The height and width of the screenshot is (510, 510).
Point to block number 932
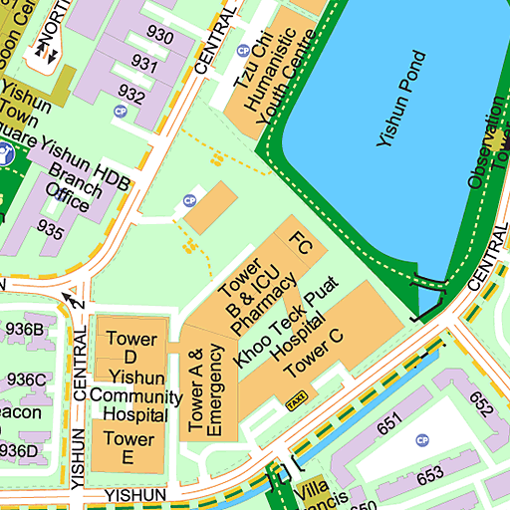pyautogui.click(x=130, y=94)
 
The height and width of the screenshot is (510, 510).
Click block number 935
pyautogui.click(x=51, y=230)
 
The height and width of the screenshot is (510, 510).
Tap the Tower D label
pyautogui.click(x=130, y=348)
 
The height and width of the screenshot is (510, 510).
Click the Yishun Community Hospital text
pyautogui.click(x=128, y=395)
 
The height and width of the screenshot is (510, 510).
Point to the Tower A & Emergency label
pyautogui.click(x=206, y=390)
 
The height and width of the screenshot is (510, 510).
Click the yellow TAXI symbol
pyautogui.click(x=296, y=402)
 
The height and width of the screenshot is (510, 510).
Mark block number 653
pyautogui.click(x=430, y=476)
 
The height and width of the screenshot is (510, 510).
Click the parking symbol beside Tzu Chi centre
pyautogui.click(x=243, y=51)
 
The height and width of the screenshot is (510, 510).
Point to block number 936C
pyautogui.click(x=26, y=380)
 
